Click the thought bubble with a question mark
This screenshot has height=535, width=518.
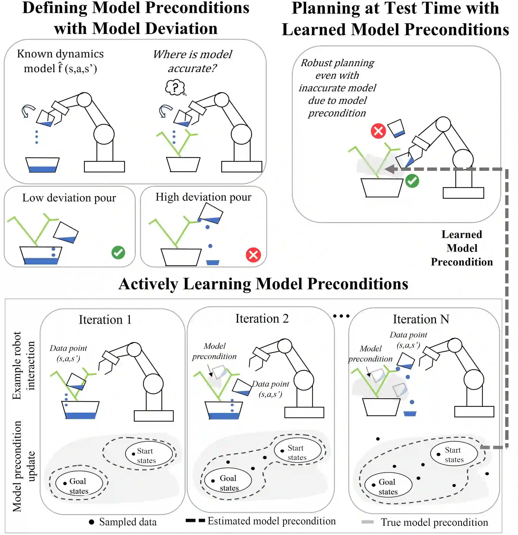pyautogui.click(x=175, y=87)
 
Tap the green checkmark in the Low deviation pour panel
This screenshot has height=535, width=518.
pyautogui.click(x=118, y=252)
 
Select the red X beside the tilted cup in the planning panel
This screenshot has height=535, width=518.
pyautogui.click(x=378, y=131)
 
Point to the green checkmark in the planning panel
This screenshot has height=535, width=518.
pyautogui.click(x=412, y=181)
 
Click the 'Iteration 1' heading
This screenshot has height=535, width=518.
pyautogui.click(x=105, y=320)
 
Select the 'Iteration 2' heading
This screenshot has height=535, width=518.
pyautogui.click(x=262, y=319)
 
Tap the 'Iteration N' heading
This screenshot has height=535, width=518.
pyautogui.click(x=421, y=319)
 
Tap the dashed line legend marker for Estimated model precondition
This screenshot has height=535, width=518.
pyautogui.click(x=195, y=521)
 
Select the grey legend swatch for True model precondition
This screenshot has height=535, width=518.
pyautogui.click(x=367, y=522)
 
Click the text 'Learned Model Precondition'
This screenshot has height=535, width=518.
pyautogui.click(x=462, y=248)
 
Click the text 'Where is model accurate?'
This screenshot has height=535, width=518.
pyautogui.click(x=192, y=61)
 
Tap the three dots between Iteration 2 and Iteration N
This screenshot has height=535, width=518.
pyautogui.click(x=341, y=316)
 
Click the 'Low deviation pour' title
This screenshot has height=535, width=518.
pyautogui.click(x=69, y=198)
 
